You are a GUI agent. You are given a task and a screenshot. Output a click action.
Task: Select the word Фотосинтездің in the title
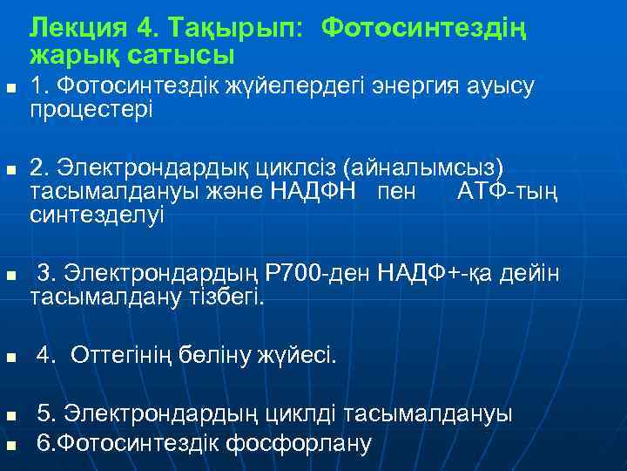[424, 29]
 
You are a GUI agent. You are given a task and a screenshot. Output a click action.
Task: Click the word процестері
[91, 110]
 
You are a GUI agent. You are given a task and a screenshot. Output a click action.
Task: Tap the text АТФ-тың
[508, 190]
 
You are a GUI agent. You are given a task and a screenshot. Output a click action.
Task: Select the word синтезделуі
[97, 214]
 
